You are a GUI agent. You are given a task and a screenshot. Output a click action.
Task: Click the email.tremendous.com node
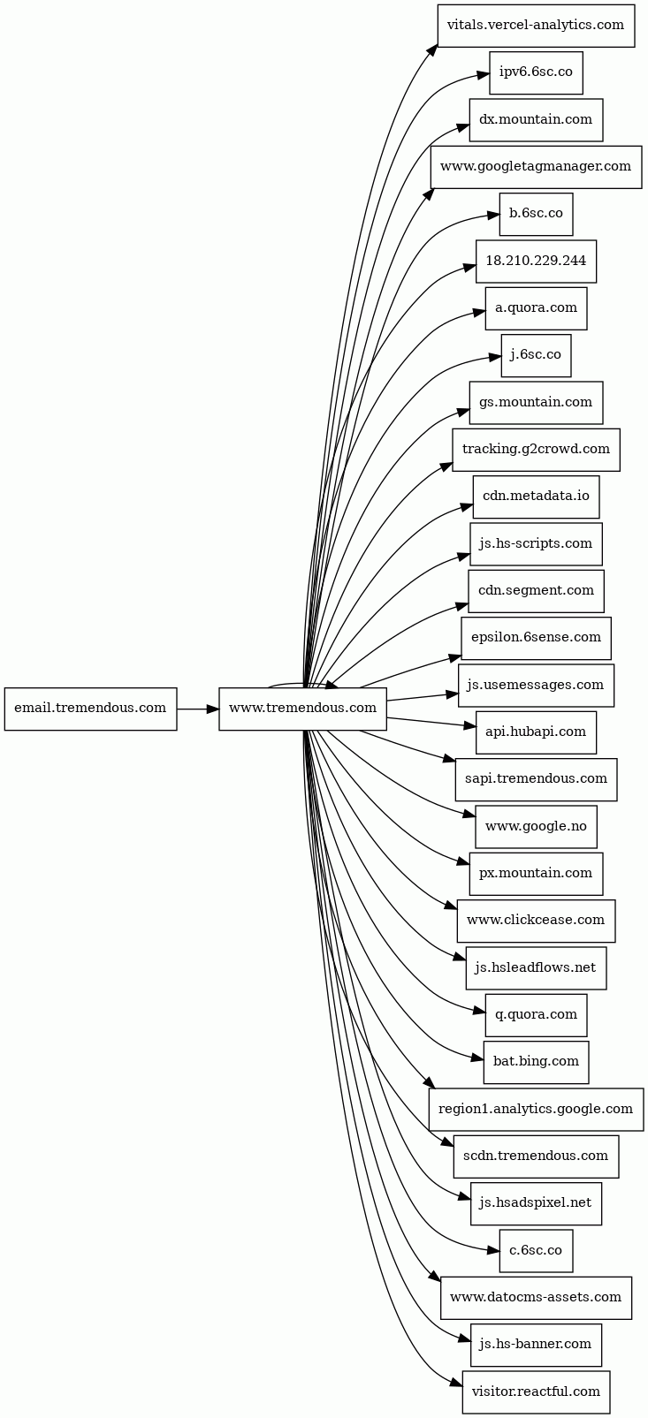click(x=90, y=709)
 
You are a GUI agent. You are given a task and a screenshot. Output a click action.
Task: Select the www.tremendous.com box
click(x=302, y=709)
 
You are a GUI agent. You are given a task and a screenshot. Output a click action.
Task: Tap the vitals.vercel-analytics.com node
click(x=536, y=26)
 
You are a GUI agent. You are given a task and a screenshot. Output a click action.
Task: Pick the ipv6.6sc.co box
click(x=536, y=72)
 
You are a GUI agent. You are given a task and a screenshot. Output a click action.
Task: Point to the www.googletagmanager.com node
click(x=536, y=166)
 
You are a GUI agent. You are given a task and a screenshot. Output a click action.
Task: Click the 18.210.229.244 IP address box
click(x=536, y=261)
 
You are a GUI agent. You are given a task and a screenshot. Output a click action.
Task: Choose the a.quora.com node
click(x=536, y=308)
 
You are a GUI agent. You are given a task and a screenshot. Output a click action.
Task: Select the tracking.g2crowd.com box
click(x=536, y=450)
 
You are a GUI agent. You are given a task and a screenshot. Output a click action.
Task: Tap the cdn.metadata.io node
click(x=536, y=497)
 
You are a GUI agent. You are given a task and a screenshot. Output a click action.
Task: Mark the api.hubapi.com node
click(x=536, y=732)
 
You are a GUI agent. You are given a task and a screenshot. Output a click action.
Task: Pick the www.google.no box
click(x=536, y=827)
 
